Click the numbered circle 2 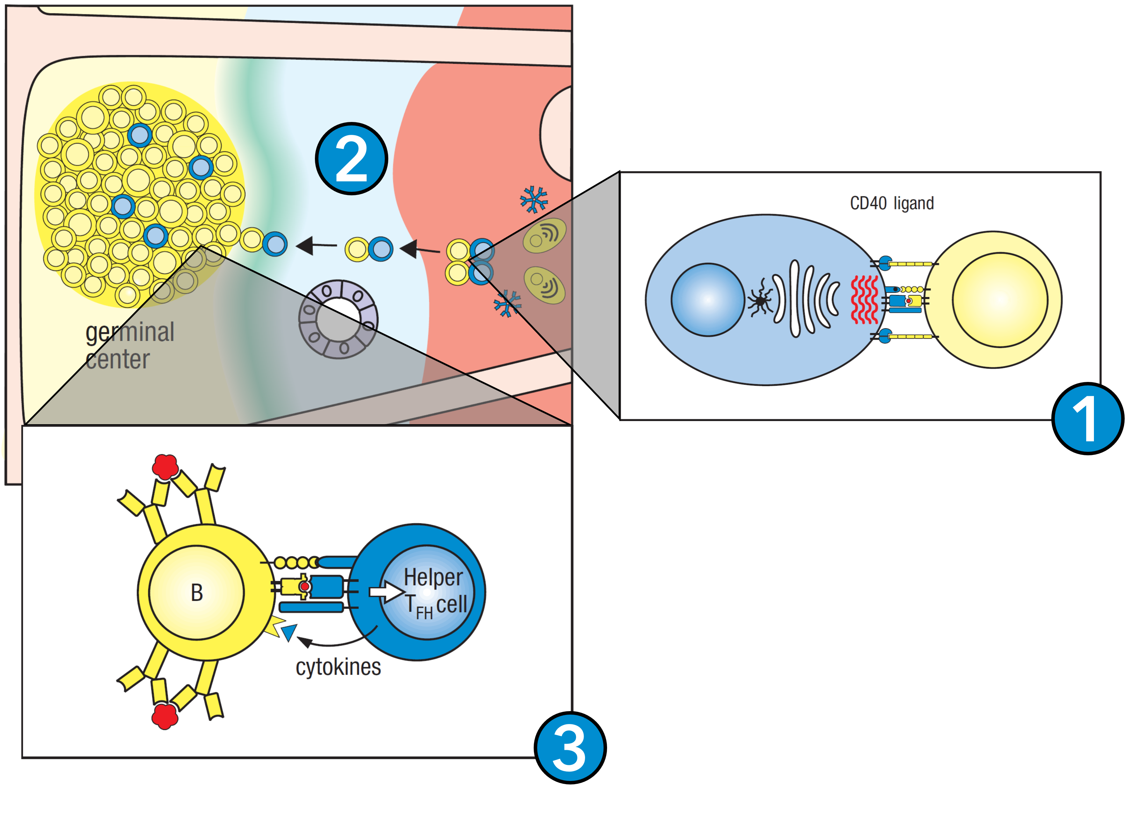[351, 159]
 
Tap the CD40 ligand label [892, 203]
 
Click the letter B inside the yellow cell [196, 593]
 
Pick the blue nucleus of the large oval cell [707, 299]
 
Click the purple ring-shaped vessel [338, 319]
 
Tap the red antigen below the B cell [165, 715]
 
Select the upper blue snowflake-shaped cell [534, 200]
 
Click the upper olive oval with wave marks [545, 236]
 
